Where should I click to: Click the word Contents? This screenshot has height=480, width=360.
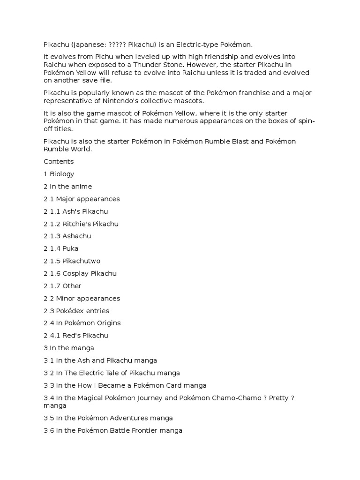point(59,161)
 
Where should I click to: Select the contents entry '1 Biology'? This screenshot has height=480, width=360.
point(59,174)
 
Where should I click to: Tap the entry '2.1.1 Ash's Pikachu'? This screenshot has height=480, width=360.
point(75,211)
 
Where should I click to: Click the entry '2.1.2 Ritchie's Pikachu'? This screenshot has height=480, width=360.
point(81,224)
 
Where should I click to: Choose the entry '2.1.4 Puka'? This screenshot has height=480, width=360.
point(61,248)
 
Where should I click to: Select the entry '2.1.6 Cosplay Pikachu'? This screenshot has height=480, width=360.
point(80,273)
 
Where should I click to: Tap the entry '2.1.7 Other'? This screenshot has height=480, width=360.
point(62,286)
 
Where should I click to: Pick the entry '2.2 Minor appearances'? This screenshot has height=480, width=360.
point(82,298)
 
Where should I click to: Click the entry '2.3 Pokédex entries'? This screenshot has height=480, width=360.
point(76,311)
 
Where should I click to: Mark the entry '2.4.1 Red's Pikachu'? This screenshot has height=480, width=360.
point(76,336)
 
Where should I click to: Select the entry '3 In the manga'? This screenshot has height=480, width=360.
point(69,348)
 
